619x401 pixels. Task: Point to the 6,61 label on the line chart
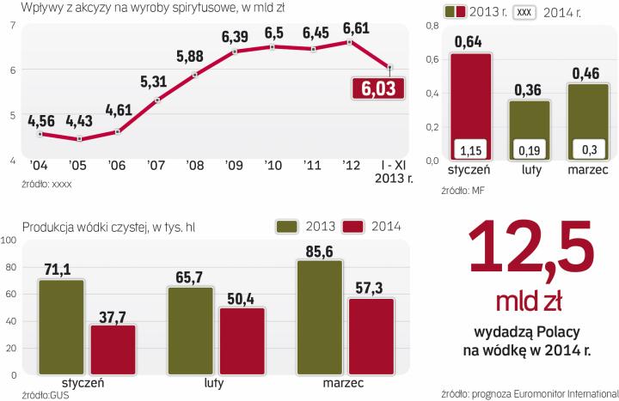pos(356,27)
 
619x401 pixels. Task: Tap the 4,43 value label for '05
pos(80,118)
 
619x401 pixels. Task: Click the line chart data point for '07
pos(156,100)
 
